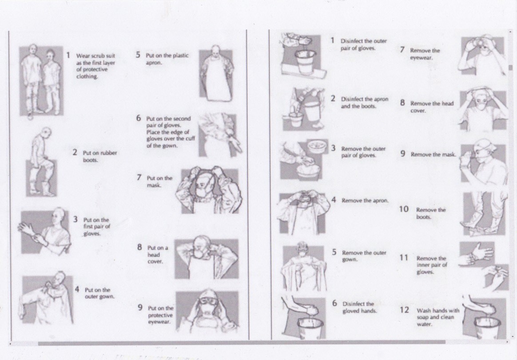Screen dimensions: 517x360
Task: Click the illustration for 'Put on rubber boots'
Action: (41, 162)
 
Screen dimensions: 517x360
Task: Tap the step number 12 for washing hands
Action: (404, 310)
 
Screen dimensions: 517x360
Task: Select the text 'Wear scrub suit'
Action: (95, 56)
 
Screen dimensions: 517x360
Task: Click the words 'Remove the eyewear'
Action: (425, 54)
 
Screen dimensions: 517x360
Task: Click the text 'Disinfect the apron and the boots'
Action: (364, 103)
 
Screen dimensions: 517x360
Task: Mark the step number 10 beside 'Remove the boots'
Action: (404, 209)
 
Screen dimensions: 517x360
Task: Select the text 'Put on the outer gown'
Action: (99, 293)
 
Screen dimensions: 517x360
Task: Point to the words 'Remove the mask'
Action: (433, 154)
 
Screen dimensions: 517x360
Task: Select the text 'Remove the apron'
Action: (365, 200)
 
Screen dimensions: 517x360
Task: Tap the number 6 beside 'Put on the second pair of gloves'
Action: (139, 118)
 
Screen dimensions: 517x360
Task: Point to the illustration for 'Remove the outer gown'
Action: (304, 267)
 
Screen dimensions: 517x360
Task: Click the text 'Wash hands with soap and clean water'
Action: (437, 317)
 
